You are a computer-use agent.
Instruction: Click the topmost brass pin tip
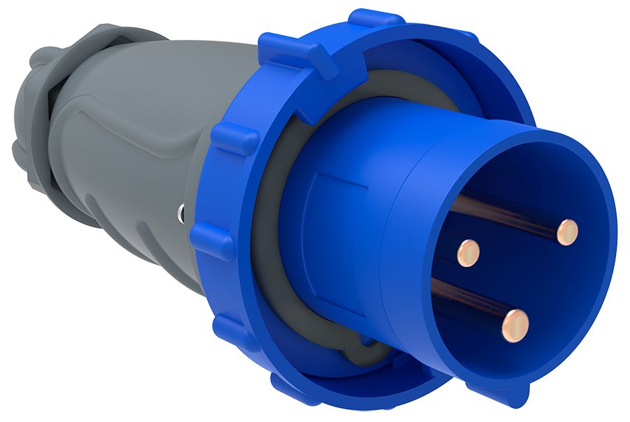point(568,231)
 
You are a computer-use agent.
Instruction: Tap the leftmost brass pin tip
point(468,252)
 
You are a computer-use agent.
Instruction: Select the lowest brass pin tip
point(515,325)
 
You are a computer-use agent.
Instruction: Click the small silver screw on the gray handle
point(181,211)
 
